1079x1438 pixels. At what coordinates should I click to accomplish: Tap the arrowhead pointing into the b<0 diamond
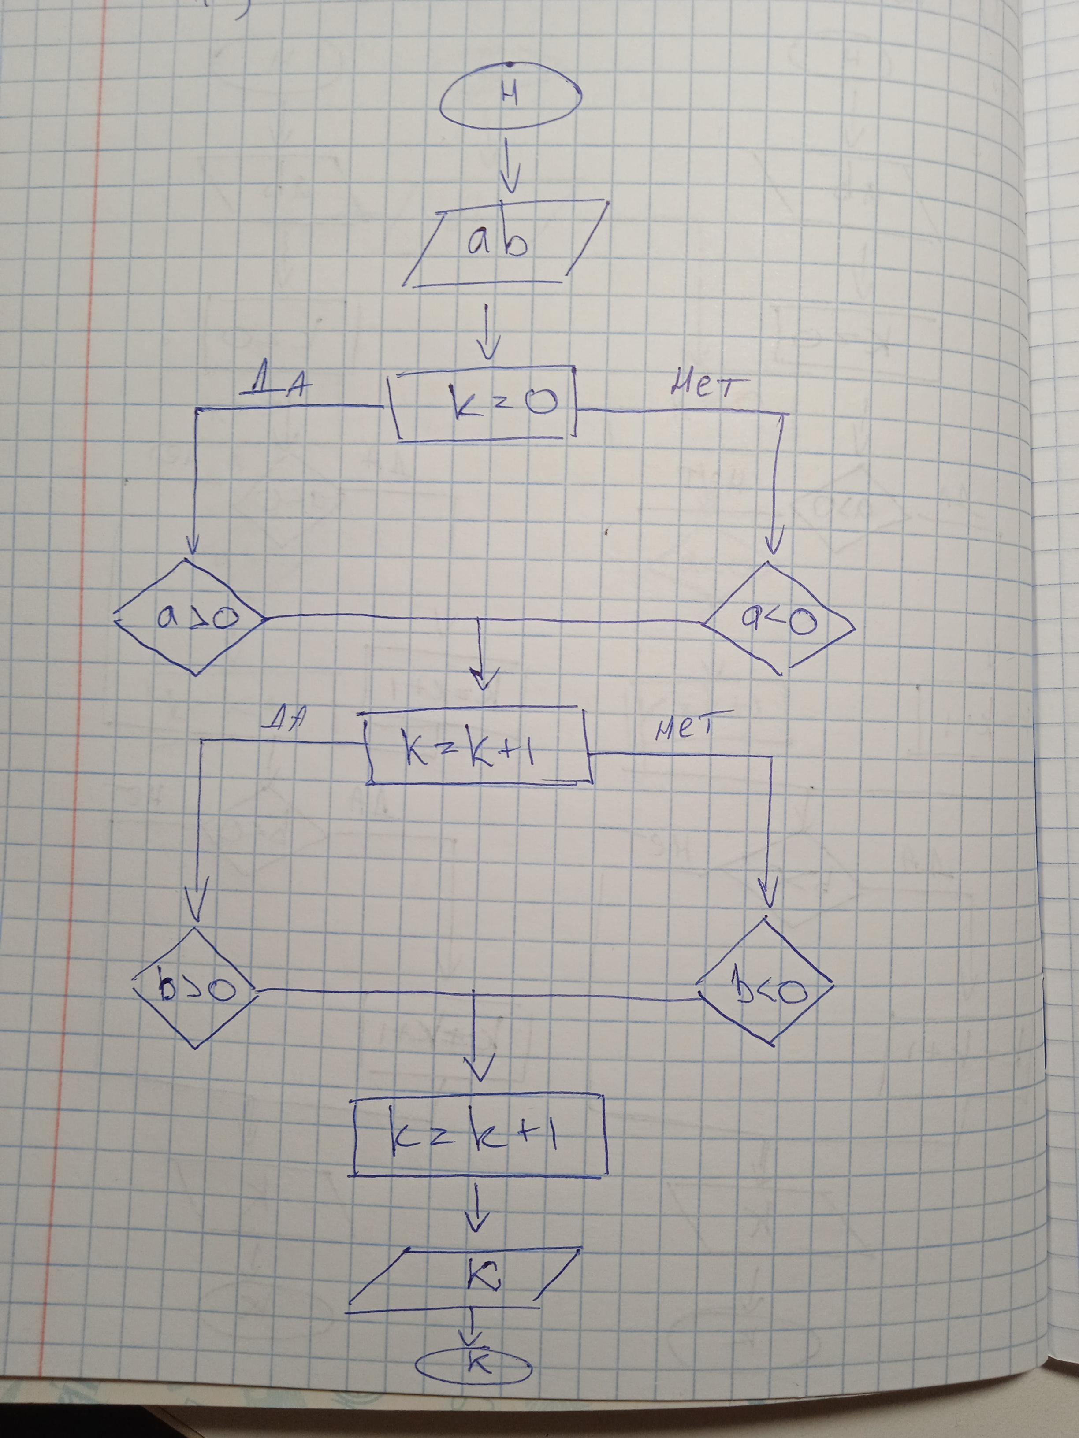coord(768,897)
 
